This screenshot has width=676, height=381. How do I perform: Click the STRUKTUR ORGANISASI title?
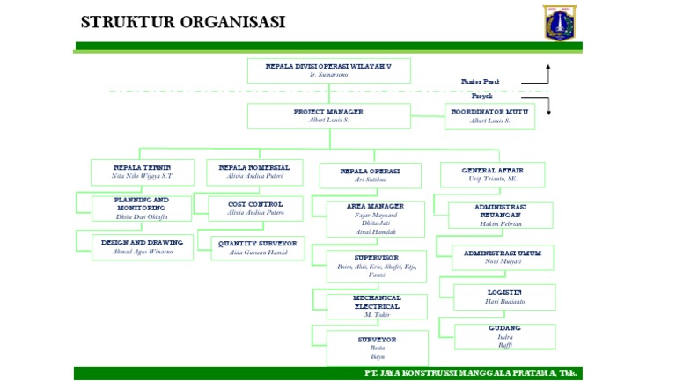[x=182, y=22]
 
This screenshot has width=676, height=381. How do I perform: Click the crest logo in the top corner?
[x=560, y=22]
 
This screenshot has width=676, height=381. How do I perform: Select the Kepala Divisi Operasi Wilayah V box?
[x=328, y=70]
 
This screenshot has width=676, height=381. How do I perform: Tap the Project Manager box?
[x=328, y=116]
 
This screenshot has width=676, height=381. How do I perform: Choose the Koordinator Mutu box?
[x=489, y=116]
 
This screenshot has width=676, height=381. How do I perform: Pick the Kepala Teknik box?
[x=143, y=172]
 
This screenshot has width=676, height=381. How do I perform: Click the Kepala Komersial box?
[x=254, y=172]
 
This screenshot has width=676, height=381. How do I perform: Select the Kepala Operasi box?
[x=370, y=175]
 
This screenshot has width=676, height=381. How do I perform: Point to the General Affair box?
[x=492, y=174]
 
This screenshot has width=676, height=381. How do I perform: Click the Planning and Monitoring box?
[x=142, y=208]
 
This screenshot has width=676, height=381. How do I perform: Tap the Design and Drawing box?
[x=142, y=246]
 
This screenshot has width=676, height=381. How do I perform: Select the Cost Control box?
[x=255, y=208]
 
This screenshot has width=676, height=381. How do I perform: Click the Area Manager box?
[x=375, y=218]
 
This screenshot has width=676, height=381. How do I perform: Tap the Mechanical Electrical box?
[x=377, y=306]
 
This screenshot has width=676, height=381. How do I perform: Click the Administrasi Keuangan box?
[x=501, y=215]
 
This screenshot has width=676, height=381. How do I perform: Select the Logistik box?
[x=504, y=297]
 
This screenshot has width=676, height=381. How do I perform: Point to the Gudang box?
[x=504, y=336]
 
